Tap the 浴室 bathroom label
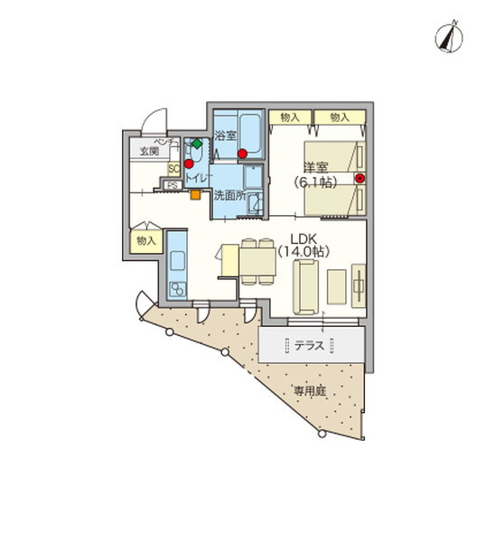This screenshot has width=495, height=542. coord(226,136)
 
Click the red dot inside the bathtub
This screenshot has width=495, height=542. coord(242,153)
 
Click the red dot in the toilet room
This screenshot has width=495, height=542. coord(189,164)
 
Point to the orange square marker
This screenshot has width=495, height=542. coord(194,192)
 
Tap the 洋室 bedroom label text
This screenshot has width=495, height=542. coord(314,168)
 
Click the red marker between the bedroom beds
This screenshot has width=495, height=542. coord(360,179)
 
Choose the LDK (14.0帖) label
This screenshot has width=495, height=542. coord(307,246)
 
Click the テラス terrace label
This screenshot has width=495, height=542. coord(311,345)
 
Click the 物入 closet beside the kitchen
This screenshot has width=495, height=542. coord(145,241)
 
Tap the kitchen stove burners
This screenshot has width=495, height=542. coord(175,289)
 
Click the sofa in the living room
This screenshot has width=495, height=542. coord(305,286)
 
